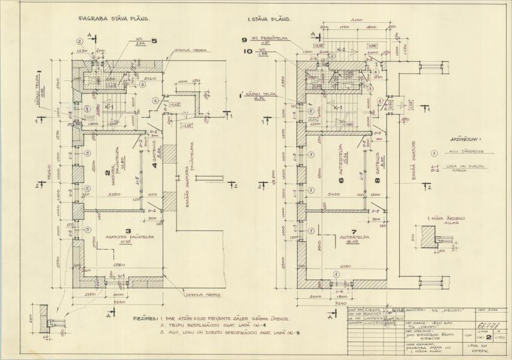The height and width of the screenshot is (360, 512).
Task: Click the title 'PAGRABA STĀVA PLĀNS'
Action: coord(113,19)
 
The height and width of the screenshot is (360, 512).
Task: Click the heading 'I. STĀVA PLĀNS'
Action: coord(270,19)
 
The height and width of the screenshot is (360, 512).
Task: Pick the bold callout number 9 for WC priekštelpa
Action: coord(244,40)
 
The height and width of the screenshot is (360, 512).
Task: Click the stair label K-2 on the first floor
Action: coord(341,49)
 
